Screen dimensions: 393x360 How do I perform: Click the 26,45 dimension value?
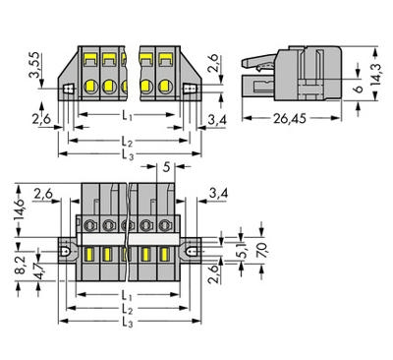pyautogui.click(x=290, y=119)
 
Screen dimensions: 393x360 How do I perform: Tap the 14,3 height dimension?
pyautogui.click(x=375, y=75)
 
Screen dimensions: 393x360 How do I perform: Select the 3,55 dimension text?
pyautogui.click(x=34, y=65)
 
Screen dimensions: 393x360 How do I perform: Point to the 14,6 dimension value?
pyautogui.click(x=22, y=210)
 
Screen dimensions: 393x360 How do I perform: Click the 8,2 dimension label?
pyautogui.click(x=22, y=266)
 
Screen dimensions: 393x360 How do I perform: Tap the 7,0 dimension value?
pyautogui.click(x=262, y=251)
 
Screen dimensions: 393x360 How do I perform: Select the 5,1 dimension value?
pyautogui.click(x=244, y=252)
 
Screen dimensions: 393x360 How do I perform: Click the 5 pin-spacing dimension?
pyautogui.click(x=166, y=168)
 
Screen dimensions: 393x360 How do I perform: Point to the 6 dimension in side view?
pyautogui.click(x=359, y=89)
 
